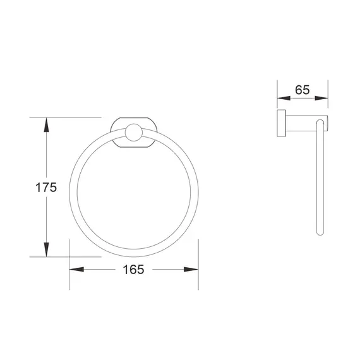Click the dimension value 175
[46, 187]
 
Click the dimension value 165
[133, 270]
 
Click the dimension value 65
[302, 90]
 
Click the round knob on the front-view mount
[133, 132]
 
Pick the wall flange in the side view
[279, 123]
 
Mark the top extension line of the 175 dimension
[69, 117]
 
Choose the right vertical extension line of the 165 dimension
[198, 265]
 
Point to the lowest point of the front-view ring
[133, 250]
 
